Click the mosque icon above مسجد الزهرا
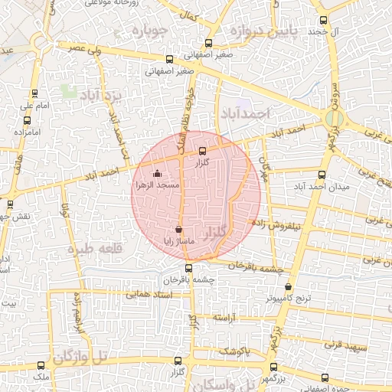pos(158,173)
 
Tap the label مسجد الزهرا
pos(157,185)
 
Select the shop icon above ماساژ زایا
pos(178,228)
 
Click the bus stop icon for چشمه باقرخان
pos(189,268)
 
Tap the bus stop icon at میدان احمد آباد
pos(322,175)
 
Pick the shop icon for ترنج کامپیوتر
pos(288,287)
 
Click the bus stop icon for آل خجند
pos(322,21)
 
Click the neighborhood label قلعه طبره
pos(90,249)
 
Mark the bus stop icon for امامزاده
pos(28,120)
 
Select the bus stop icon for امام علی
pos(28,93)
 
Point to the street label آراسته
pos(227,317)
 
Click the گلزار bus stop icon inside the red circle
pos(202,151)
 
